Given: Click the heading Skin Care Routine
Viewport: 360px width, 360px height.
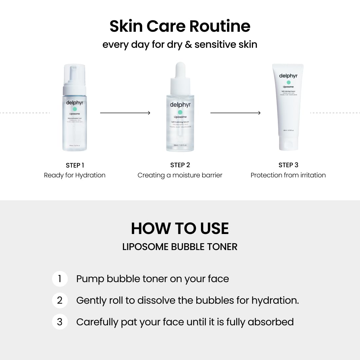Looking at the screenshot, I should [x=180, y=26].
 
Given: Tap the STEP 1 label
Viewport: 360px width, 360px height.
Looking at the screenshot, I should [x=75, y=165].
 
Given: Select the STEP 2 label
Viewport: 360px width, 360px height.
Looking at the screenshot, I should [x=180, y=165].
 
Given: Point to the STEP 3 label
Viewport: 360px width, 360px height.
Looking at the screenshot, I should [x=288, y=165].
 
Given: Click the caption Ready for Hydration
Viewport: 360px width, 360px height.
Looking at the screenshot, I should [x=75, y=175].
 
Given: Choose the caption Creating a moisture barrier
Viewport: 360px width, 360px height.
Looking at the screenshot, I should [x=180, y=175].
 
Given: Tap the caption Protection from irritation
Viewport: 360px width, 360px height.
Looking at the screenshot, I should [x=288, y=175].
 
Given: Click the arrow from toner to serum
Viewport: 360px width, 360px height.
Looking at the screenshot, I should [x=125, y=113].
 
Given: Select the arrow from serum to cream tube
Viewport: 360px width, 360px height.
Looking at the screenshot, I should [x=235, y=113].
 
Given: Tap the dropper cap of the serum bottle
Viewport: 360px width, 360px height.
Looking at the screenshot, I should [x=180, y=72].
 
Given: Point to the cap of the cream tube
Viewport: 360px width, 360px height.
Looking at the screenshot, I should [x=288, y=144].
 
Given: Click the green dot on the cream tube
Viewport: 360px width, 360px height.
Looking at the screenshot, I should [x=288, y=82].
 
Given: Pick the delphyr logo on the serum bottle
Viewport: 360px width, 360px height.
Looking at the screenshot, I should [x=180, y=105].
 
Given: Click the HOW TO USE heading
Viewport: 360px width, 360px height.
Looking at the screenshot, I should [x=180, y=228].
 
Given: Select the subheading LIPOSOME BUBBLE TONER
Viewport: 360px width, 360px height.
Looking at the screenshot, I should [x=180, y=247].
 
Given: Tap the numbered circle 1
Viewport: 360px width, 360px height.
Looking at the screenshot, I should [x=60, y=279].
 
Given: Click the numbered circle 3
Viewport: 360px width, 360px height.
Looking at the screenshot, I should [x=60, y=322].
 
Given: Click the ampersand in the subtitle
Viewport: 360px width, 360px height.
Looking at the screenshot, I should [x=188, y=45].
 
